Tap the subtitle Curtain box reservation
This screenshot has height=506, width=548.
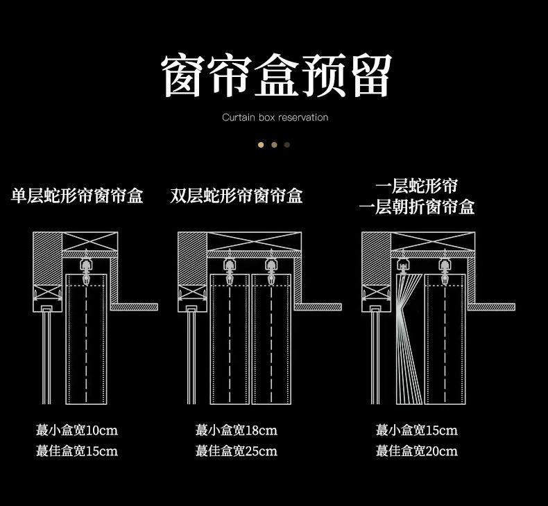275,117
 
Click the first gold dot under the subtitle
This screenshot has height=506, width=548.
261,145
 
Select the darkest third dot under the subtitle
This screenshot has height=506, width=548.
287,145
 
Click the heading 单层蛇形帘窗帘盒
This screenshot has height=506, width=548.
77,196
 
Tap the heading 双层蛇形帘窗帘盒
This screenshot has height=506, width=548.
237,196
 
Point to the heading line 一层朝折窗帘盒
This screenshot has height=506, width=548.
417,207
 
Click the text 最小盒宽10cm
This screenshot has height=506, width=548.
77,430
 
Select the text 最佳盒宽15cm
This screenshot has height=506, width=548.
77,451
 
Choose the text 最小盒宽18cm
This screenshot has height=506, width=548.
237,430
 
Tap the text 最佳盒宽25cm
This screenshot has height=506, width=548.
237,451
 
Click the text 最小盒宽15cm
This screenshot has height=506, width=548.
417,430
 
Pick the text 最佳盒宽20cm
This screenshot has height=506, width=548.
417,451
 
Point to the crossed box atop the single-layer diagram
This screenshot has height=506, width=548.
89,243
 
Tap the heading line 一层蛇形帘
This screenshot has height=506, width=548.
417,186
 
